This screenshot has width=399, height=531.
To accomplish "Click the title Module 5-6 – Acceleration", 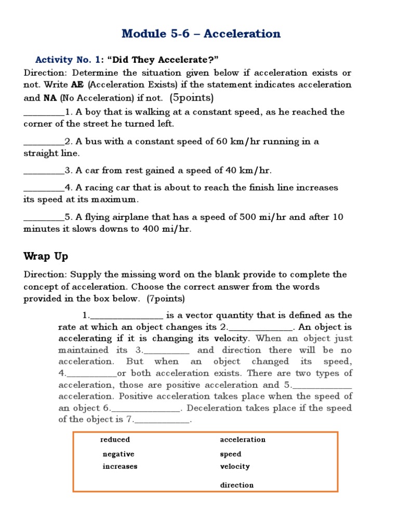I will [x=201, y=34].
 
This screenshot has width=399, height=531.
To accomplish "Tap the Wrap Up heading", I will [x=46, y=256].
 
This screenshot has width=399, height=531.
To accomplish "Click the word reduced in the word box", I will [x=115, y=440].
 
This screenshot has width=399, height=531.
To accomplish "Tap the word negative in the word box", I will [x=118, y=454].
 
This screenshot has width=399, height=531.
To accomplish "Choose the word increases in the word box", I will [x=120, y=467].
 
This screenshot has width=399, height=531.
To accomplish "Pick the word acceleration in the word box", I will [x=243, y=440].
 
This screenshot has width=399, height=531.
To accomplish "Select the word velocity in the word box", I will [x=235, y=467].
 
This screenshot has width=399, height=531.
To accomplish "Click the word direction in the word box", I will [x=237, y=485].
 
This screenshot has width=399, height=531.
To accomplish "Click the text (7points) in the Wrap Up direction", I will [x=165, y=299].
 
